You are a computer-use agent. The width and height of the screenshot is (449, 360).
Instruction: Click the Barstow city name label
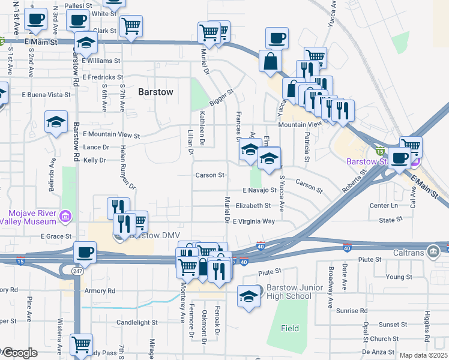[x=155, y=92]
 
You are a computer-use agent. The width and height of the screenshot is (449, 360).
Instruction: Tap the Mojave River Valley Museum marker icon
[x=66, y=215]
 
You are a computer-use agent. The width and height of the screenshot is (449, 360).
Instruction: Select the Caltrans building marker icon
[x=432, y=250]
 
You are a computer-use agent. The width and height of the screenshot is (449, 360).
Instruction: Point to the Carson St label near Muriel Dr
[x=209, y=175]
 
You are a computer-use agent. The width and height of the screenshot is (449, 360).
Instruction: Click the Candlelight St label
[x=137, y=322]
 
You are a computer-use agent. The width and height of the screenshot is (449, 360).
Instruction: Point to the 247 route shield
[x=76, y=271]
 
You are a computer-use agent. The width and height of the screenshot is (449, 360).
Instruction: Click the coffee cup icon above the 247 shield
[x=85, y=252]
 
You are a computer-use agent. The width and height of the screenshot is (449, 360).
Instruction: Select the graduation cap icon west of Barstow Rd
[x=56, y=122]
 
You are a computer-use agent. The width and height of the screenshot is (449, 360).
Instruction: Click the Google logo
[x=19, y=353]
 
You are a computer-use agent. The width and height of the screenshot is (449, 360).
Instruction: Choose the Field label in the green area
[x=290, y=328]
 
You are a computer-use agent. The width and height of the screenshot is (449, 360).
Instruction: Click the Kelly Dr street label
[x=94, y=160]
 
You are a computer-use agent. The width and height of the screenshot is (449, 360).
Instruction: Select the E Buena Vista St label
[x=46, y=95]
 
